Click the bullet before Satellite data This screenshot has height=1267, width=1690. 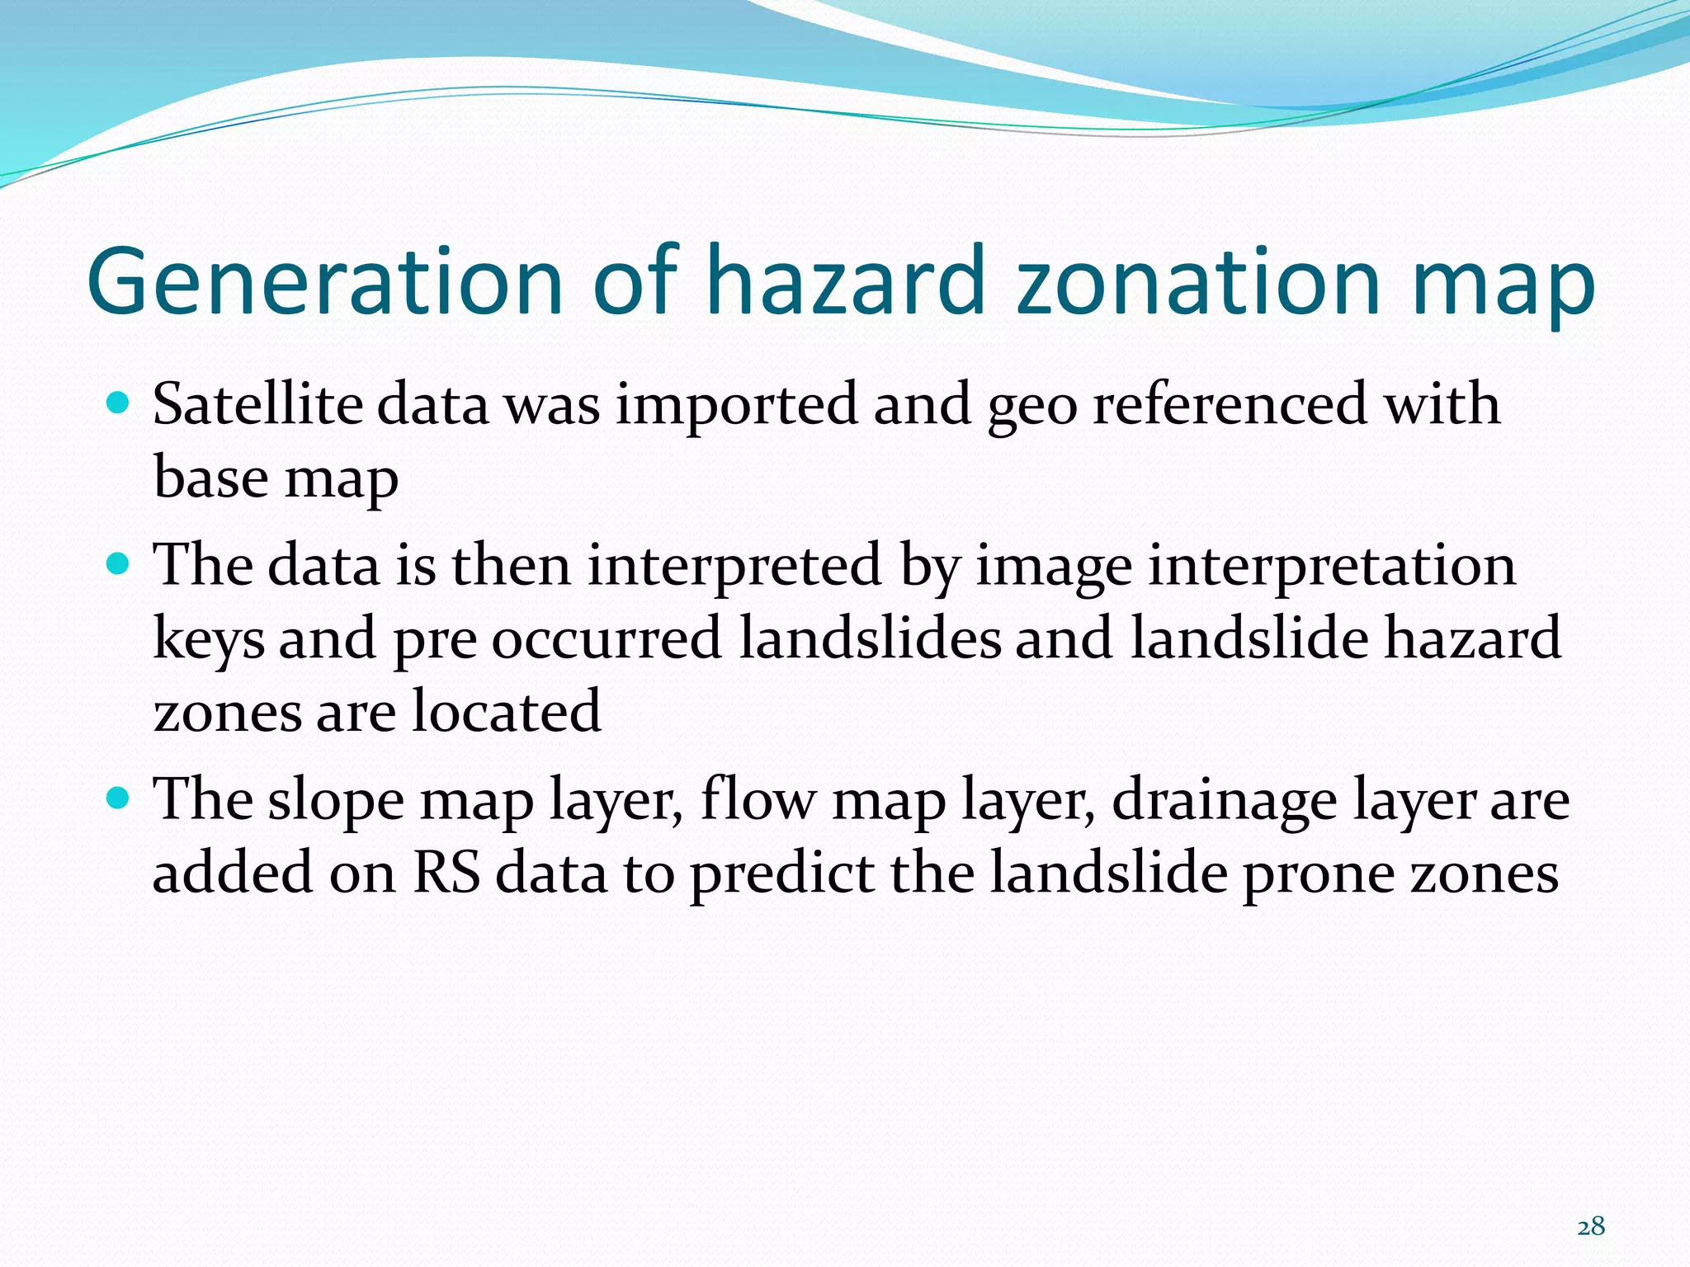119,403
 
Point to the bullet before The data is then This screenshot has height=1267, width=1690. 119,565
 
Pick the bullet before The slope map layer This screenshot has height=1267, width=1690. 119,798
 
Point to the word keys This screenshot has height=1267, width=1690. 209,640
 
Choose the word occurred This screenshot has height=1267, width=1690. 607,640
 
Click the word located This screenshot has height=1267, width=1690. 507,711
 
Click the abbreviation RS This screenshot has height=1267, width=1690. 446,873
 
